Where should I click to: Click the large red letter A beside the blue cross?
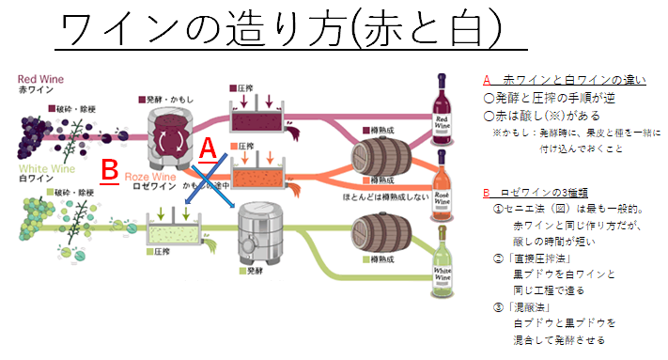pyautogui.click(x=210, y=149)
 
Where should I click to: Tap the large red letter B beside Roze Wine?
pyautogui.click(x=109, y=171)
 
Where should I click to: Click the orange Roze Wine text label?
pyautogui.click(x=150, y=175)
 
